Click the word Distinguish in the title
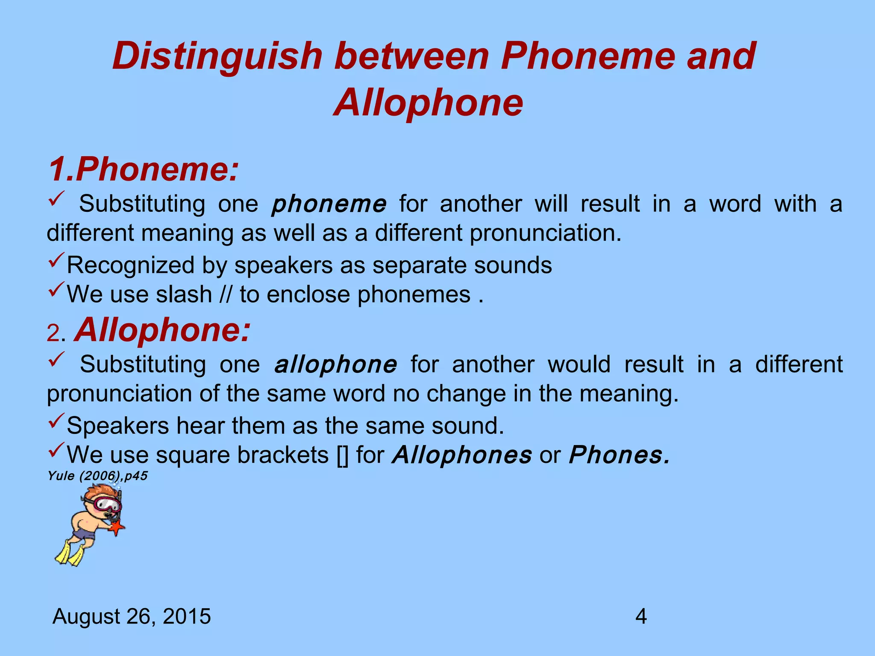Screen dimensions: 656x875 (217, 57)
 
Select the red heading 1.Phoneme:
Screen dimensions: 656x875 (143, 170)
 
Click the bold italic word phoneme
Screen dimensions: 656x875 (329, 204)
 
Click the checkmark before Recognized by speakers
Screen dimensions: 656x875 (56, 261)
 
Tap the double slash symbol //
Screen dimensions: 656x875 (226, 295)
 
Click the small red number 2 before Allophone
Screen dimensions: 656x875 (54, 333)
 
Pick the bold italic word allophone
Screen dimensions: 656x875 (335, 365)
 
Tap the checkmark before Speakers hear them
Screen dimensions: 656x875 (56, 421)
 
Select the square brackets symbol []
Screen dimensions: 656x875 (342, 455)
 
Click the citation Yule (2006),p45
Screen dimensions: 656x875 (97, 476)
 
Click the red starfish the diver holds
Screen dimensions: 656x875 (117, 529)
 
